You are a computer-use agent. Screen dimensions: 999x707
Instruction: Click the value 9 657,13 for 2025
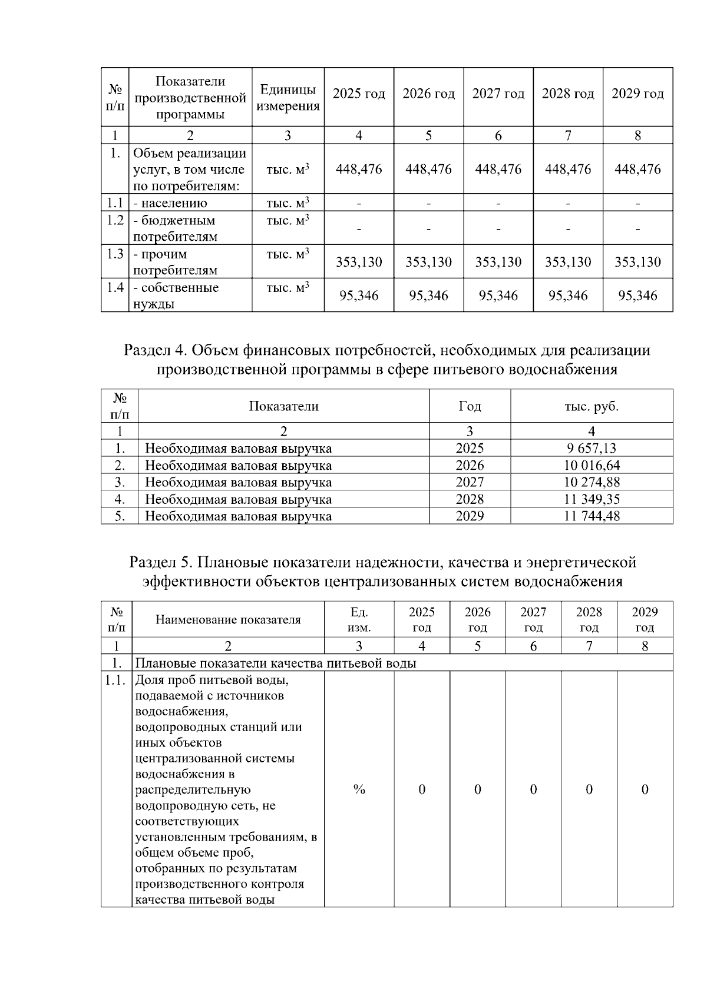tap(591, 449)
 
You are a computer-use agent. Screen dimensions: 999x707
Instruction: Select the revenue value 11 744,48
tap(591, 516)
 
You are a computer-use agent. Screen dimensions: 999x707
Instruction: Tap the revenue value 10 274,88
tap(591, 483)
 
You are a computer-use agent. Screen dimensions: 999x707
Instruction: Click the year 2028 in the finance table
tap(470, 499)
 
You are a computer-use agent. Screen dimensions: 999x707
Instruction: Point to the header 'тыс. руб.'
tap(591, 406)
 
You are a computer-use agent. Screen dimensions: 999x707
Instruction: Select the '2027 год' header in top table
tap(498, 94)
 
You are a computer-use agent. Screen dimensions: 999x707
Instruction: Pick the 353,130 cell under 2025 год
tap(359, 262)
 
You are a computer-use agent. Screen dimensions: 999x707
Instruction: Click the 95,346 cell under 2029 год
tap(637, 296)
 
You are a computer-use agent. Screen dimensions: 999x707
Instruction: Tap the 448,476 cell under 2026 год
tap(428, 170)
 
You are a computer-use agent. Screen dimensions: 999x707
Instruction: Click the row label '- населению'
tap(170, 204)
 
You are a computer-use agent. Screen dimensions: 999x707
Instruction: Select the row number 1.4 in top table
tap(115, 288)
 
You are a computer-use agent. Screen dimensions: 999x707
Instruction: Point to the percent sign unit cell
tap(359, 789)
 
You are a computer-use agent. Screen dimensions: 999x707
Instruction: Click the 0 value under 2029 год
tap(645, 789)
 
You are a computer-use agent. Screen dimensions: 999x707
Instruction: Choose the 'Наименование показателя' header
tap(228, 620)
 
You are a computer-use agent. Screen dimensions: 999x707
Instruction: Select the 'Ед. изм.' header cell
tap(359, 619)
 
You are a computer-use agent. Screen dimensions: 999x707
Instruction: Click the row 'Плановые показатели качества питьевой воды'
tap(276, 663)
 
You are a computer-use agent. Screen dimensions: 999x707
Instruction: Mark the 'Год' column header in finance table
tap(470, 406)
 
